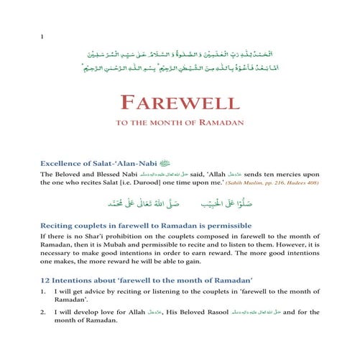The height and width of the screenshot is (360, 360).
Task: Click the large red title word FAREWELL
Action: [180, 101]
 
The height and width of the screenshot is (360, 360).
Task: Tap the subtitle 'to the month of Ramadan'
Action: [180, 122]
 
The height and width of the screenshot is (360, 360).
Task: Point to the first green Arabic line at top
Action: [180, 54]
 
